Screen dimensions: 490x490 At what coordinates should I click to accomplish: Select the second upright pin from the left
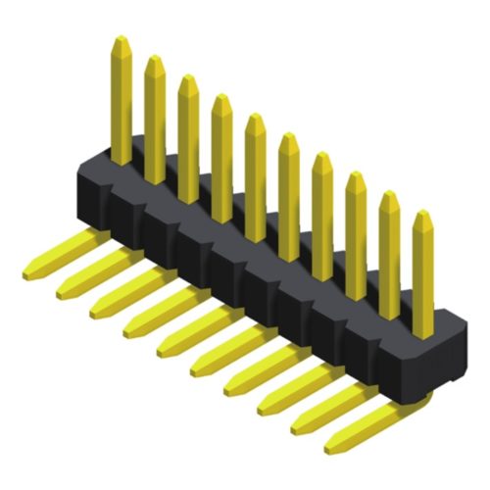155,118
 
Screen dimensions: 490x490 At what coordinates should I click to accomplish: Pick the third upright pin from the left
188,137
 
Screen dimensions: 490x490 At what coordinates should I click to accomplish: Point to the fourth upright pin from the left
221,157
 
